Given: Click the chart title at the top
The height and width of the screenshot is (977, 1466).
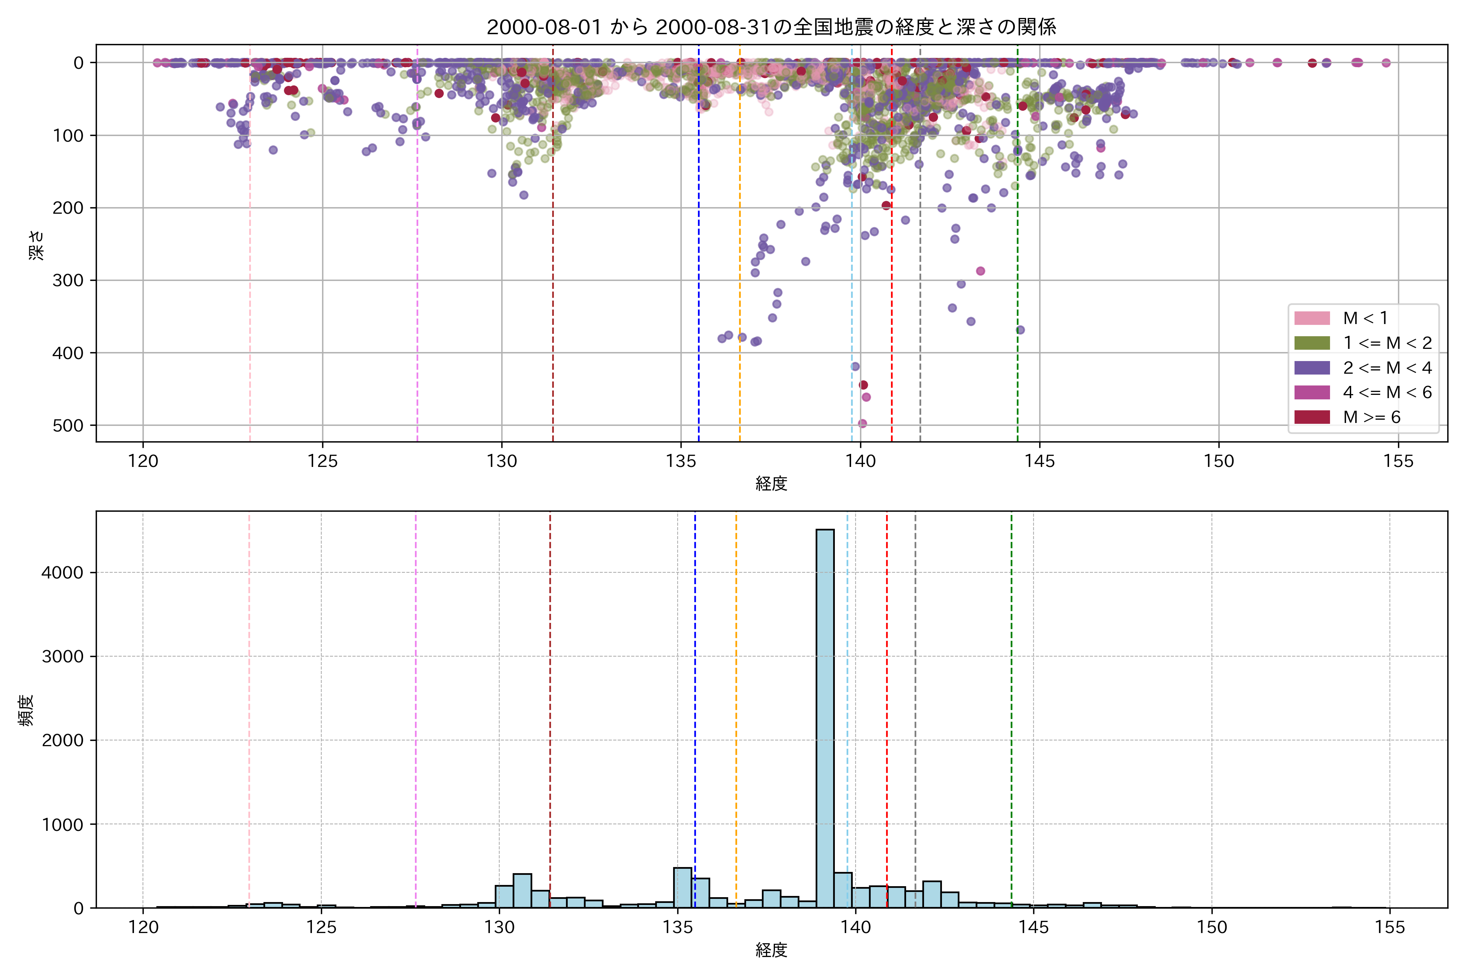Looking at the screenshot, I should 771,27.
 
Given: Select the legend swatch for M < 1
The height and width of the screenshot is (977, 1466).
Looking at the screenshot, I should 1312,318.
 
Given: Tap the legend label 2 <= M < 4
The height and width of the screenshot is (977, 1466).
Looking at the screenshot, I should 1387,368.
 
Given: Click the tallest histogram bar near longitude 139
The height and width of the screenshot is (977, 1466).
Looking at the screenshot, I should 825,716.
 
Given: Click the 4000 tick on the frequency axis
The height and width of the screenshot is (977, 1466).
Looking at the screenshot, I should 62,573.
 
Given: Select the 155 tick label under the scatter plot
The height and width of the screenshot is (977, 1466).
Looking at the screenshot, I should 1398,462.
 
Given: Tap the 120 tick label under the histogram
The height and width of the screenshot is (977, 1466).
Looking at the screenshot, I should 143,928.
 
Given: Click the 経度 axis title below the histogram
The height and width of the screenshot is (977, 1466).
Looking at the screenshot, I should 771,950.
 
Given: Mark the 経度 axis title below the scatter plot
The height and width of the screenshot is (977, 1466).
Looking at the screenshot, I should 771,484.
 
